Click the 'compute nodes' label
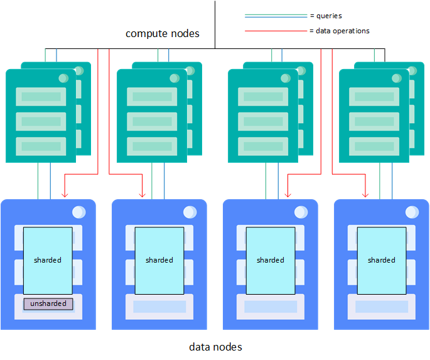[163, 33]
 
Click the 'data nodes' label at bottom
[215, 347]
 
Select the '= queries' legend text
[326, 16]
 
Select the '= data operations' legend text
[340, 31]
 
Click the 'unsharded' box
[48, 304]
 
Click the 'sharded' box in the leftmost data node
[48, 260]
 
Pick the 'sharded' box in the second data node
[159, 260]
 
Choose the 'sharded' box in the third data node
[270, 260]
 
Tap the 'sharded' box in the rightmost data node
[381, 260]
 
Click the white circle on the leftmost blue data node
[78, 212]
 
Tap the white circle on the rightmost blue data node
[411, 212]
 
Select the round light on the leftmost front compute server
[63, 79]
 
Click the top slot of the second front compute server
[152, 97]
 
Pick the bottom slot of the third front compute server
[263, 146]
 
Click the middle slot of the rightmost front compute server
[374, 121]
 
